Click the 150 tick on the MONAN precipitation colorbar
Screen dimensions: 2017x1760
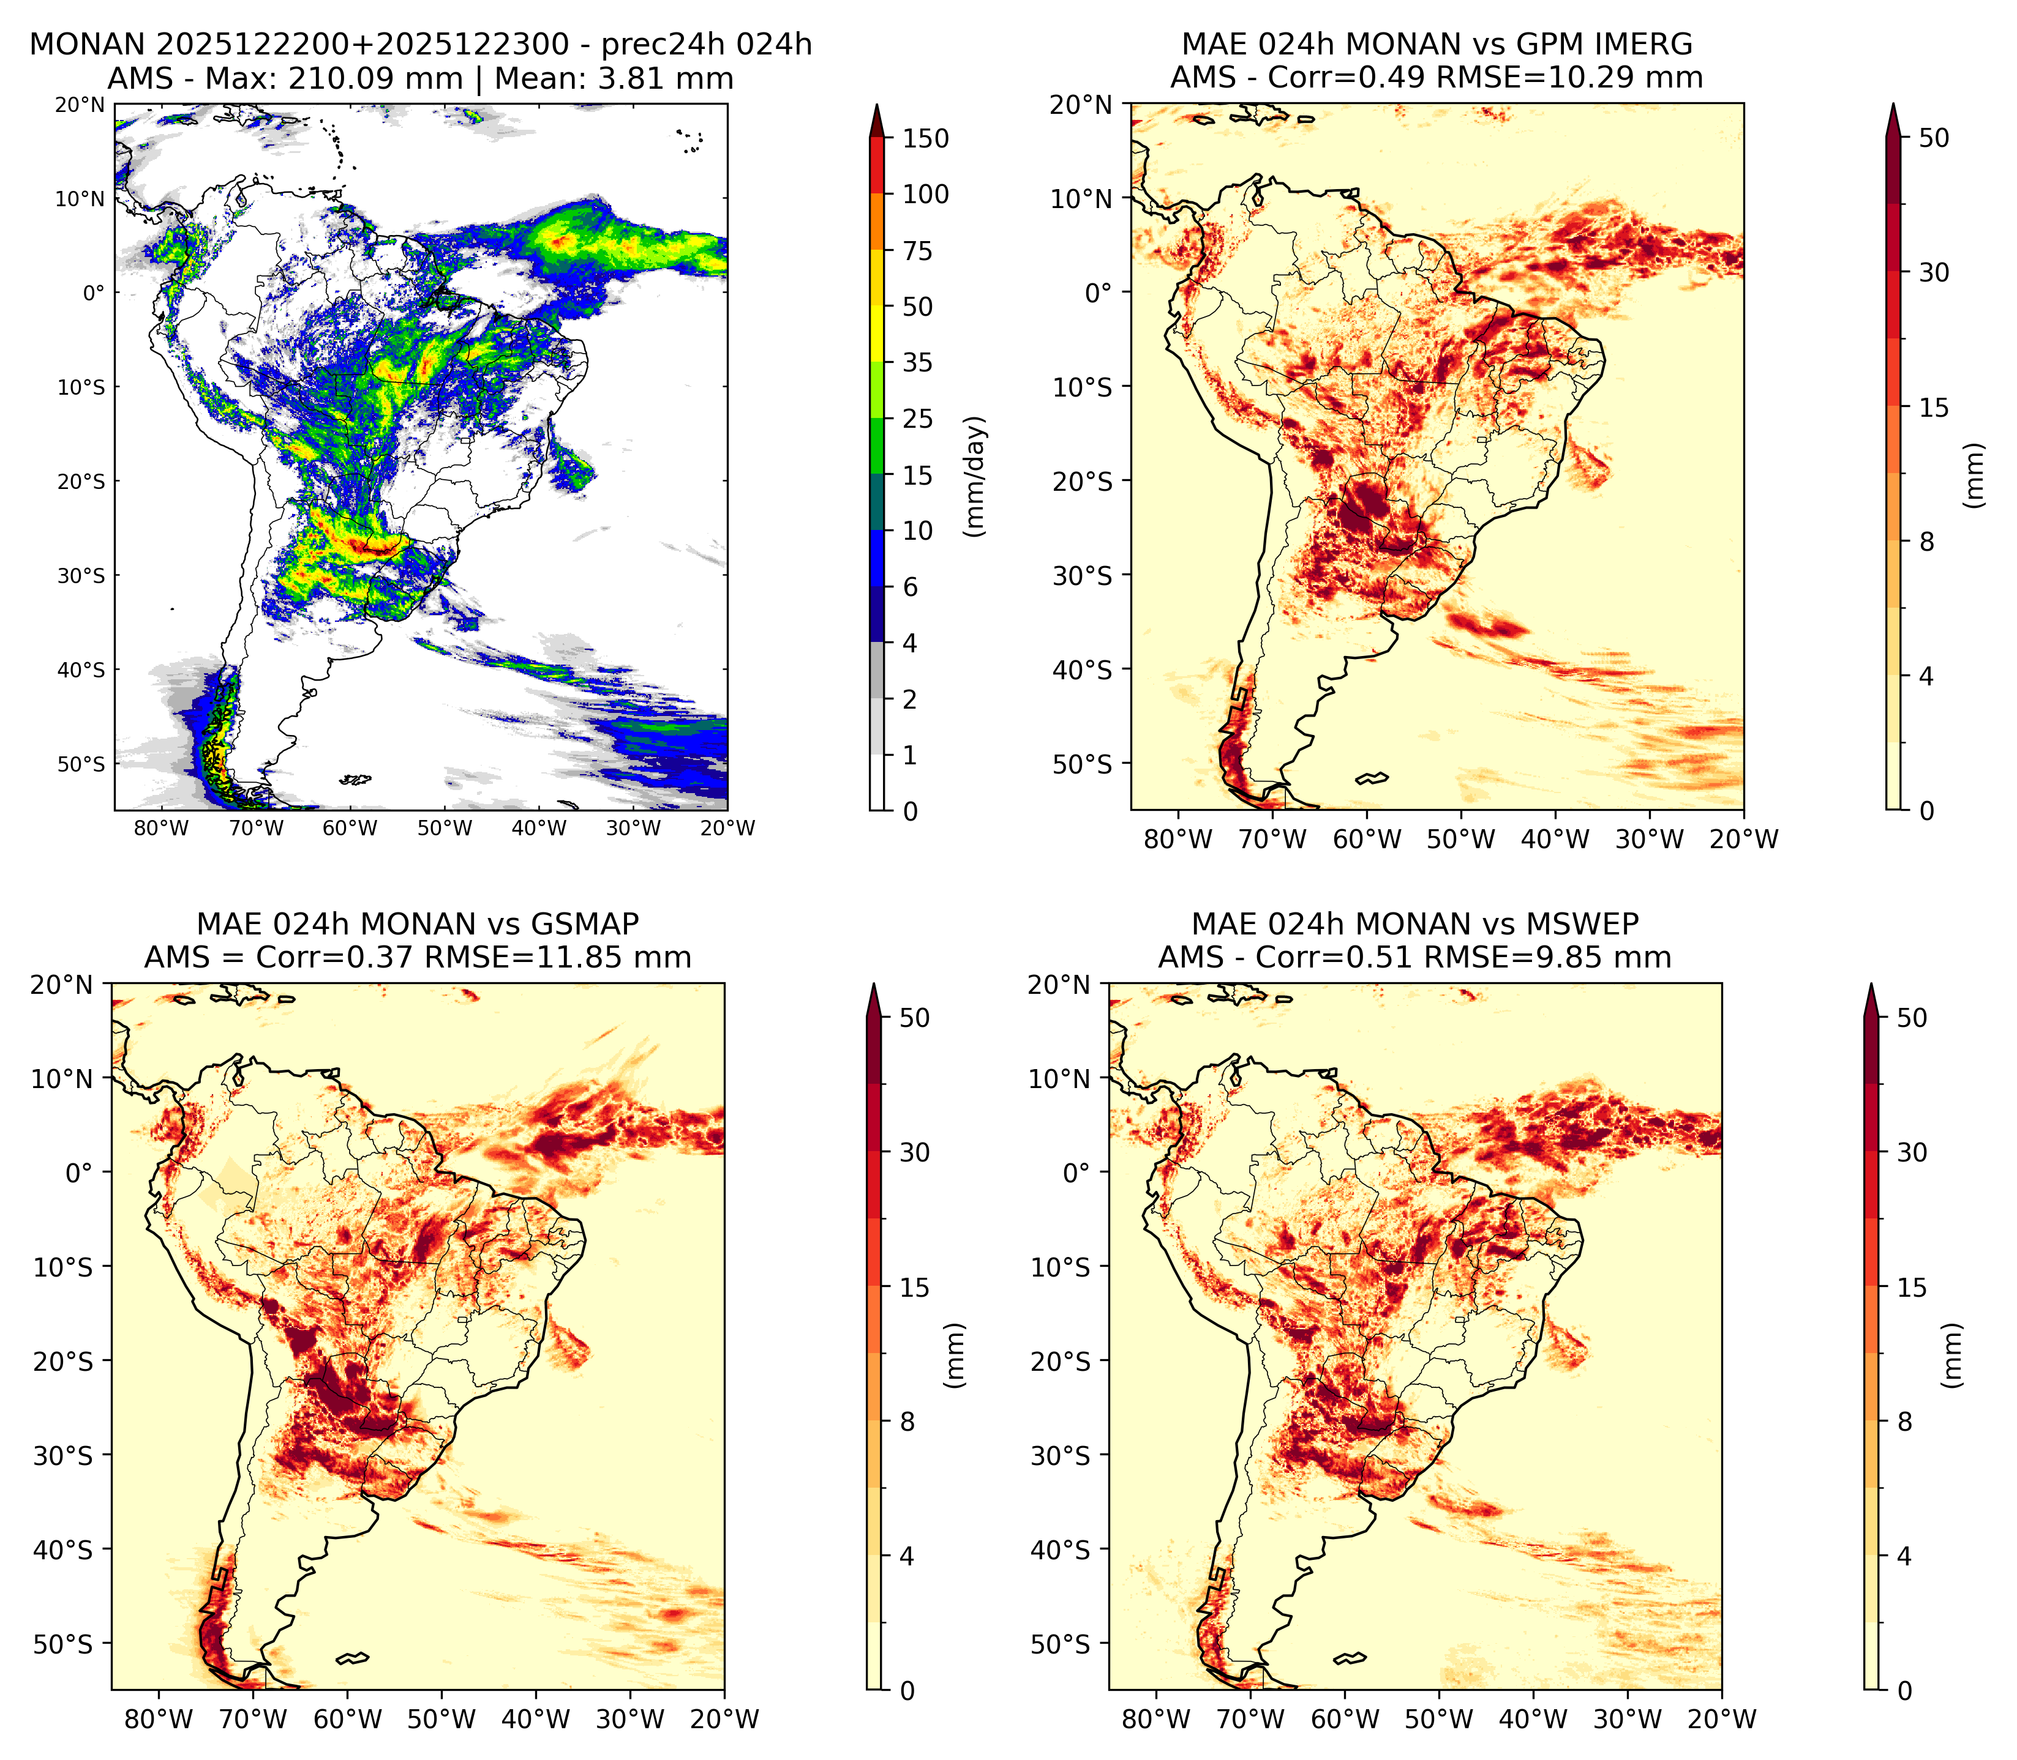coord(925,138)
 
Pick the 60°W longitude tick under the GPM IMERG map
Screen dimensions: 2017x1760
coord(1367,839)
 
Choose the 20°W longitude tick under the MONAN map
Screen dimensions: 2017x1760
coord(728,828)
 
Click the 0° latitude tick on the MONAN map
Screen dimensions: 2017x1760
coord(93,293)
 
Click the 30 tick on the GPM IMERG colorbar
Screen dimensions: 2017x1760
coord(1934,272)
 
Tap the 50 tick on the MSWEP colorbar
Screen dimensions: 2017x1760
coord(1912,1018)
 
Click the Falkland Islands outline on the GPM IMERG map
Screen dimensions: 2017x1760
coord(1372,779)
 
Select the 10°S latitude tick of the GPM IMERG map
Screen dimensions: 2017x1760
coord(1082,387)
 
